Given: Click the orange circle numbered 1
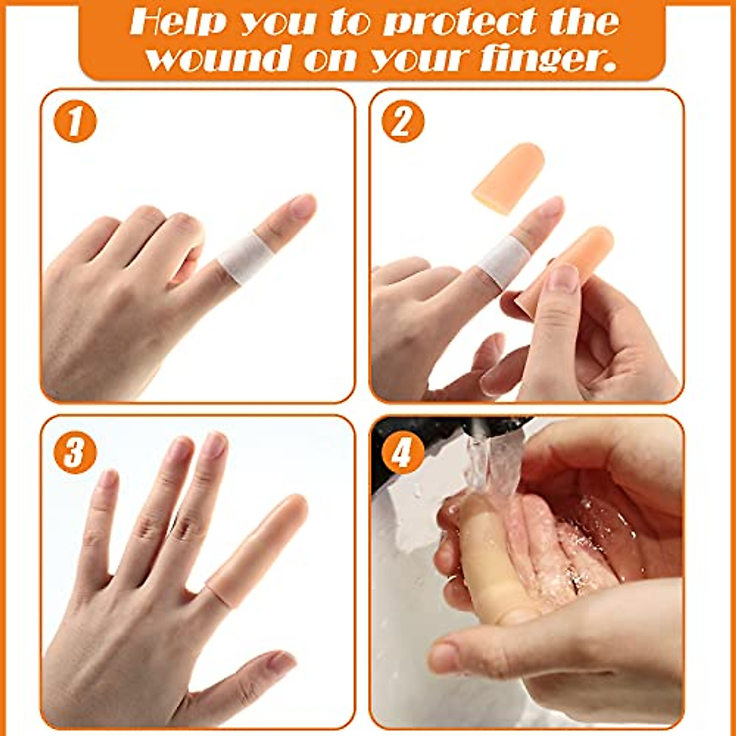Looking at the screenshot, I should click(74, 123).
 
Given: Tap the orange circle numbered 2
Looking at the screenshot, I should click(403, 123).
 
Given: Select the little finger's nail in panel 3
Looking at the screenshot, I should click(109, 478).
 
